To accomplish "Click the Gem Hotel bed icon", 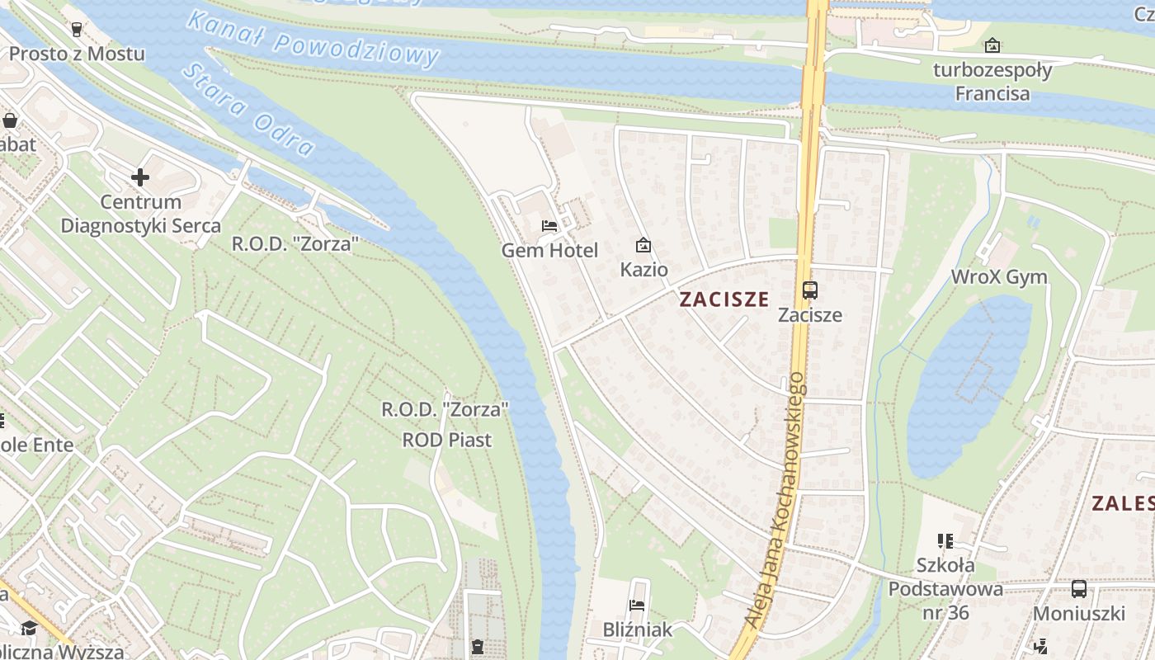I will (549, 225).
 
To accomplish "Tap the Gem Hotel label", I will (549, 250).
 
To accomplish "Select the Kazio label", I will (643, 270).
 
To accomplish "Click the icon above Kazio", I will (643, 245).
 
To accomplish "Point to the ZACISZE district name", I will (724, 299).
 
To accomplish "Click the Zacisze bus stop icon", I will (810, 290).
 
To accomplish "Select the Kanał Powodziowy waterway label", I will (313, 39).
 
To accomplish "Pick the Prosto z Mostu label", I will (77, 54).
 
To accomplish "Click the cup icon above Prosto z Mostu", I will (77, 30).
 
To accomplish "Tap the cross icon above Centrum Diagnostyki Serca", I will (140, 177).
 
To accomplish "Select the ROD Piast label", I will (446, 440).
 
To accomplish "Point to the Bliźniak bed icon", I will (637, 606).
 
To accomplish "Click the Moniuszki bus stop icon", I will (1078, 589).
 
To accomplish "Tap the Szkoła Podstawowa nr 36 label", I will (945, 589).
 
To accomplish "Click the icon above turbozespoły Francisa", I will (992, 45).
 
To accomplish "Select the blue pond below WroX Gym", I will (969, 388).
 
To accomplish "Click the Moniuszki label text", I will (1078, 614).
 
